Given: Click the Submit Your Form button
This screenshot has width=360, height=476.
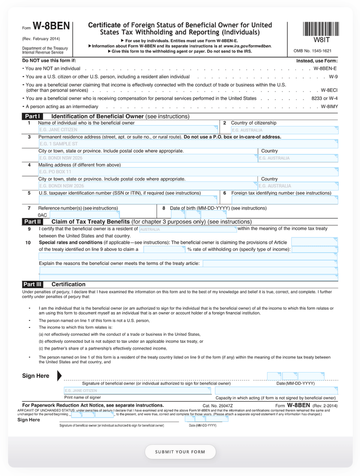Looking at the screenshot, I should pos(180,452).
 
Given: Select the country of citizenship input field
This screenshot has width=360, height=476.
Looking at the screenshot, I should pos(284,130).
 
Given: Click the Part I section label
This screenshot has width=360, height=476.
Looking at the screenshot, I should pos(32,116).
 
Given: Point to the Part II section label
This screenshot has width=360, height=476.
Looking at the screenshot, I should pos(32,222).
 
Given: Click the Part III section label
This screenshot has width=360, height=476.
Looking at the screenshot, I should pos(32,284).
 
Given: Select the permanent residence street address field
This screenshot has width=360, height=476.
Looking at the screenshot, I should pos(188,144).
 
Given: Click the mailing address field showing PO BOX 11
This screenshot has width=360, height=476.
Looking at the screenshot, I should pos(188,172).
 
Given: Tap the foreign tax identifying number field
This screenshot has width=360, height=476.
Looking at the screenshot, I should pos(284,200).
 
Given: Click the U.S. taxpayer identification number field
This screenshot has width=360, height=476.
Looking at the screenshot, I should pos(128,200).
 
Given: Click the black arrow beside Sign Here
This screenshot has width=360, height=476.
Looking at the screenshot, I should pos(59,376).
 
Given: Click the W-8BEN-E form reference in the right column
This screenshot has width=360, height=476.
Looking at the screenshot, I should pos(325,68).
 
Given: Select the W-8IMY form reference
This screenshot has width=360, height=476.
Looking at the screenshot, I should pos(329,106).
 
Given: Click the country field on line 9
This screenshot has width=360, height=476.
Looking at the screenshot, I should pos(188,229).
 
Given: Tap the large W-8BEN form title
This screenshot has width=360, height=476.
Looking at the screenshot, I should pos(51,26).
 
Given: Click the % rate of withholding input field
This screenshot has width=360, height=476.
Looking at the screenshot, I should pos(164,249).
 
